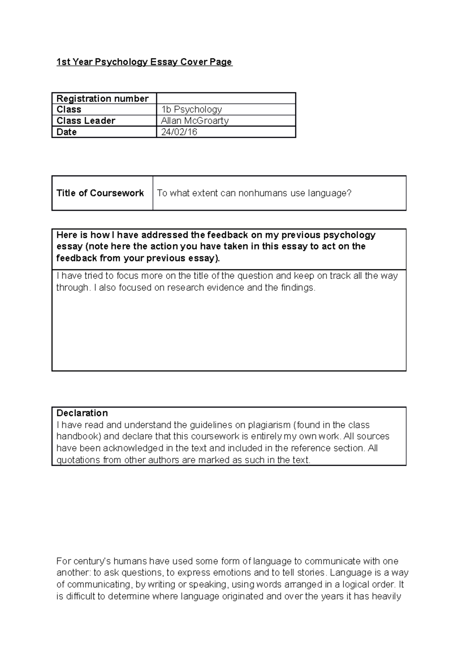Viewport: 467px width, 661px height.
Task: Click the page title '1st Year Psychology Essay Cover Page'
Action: [144, 62]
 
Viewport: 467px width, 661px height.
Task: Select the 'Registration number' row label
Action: [102, 98]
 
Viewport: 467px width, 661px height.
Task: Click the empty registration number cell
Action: [226, 98]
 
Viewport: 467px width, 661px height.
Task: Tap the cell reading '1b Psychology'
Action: [191, 109]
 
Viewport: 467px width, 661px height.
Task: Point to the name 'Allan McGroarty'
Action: [195, 121]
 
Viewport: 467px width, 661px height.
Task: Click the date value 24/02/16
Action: [179, 132]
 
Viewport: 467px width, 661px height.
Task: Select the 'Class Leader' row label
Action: [86, 121]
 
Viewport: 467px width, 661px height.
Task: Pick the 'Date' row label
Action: [67, 132]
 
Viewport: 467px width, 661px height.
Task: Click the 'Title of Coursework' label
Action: [100, 193]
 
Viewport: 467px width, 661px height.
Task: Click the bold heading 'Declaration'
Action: [82, 413]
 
